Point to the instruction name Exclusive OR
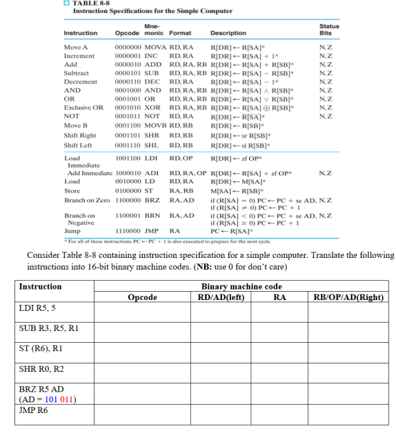tap(83, 108)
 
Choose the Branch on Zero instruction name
tap(86, 197)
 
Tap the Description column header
tap(228, 33)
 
